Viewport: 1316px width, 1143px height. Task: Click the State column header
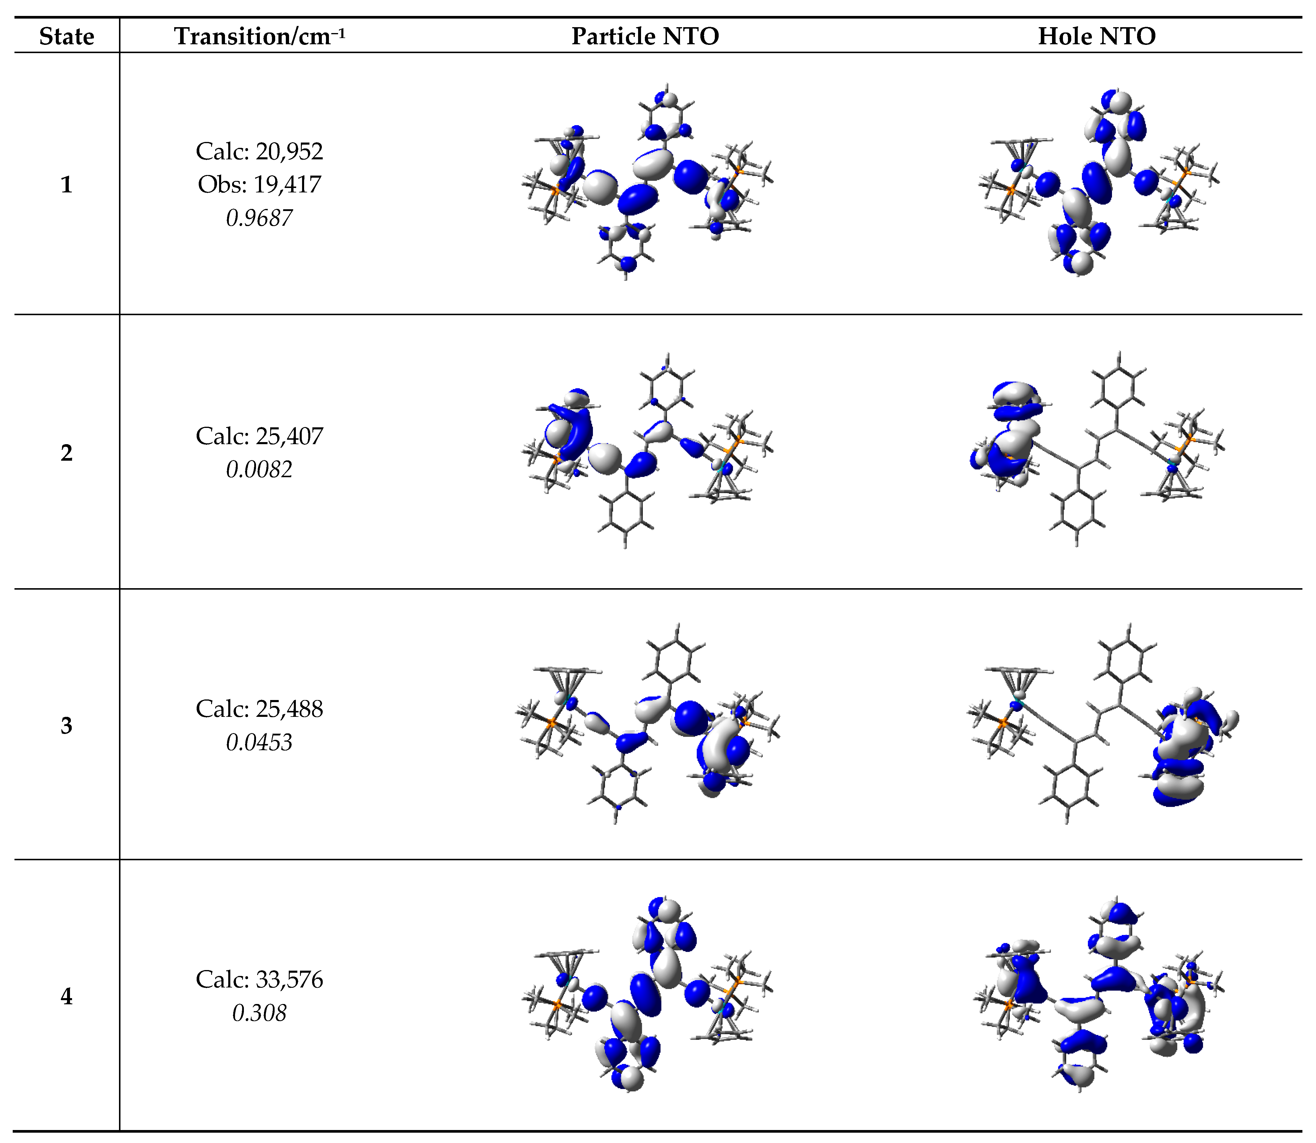click(x=66, y=36)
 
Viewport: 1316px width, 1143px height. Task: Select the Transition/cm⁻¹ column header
click(x=259, y=36)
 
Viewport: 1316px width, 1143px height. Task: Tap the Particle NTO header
click(x=645, y=36)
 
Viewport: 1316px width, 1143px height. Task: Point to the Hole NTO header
click(x=1096, y=36)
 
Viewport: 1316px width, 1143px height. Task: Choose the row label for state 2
click(x=66, y=453)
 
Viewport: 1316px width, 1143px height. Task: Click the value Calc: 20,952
click(x=259, y=151)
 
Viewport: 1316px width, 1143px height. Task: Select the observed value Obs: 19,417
click(x=259, y=184)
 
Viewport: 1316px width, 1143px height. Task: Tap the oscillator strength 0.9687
click(x=259, y=218)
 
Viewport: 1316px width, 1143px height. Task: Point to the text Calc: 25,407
click(x=259, y=436)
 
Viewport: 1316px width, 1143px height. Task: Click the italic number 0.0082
click(x=259, y=470)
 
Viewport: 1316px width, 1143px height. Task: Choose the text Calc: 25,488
click(x=259, y=709)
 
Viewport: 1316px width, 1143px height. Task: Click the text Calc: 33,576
click(x=259, y=979)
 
